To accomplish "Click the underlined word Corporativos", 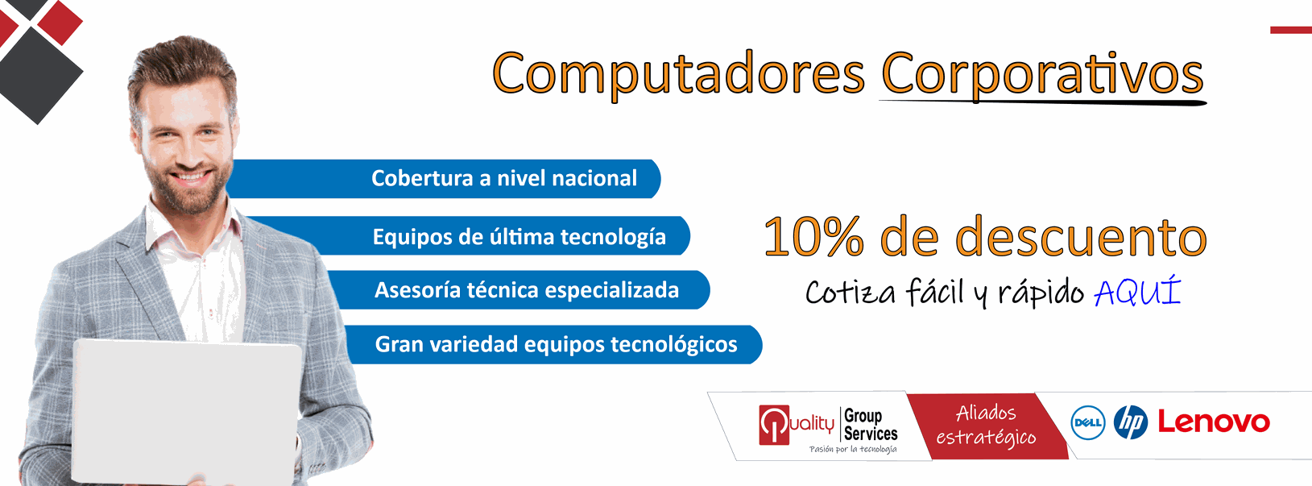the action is click(x=1042, y=75).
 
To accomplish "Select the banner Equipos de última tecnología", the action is click(x=469, y=235).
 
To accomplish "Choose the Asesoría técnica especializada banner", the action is click(x=519, y=289).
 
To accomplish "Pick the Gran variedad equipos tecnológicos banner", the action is click(x=553, y=344).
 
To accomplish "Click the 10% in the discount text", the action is click(x=813, y=236).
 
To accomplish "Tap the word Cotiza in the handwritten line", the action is click(x=851, y=292).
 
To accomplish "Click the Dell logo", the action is click(x=1087, y=422).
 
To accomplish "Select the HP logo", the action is click(x=1131, y=422).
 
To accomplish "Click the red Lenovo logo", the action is click(x=1214, y=422).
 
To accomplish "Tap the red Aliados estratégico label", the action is click(x=987, y=426).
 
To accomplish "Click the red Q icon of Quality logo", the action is click(x=774, y=425).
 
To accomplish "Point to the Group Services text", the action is click(x=871, y=425).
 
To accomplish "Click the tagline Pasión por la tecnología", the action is click(x=853, y=449).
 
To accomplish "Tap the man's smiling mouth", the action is click(x=191, y=176).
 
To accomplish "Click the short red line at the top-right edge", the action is click(x=1291, y=30).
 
